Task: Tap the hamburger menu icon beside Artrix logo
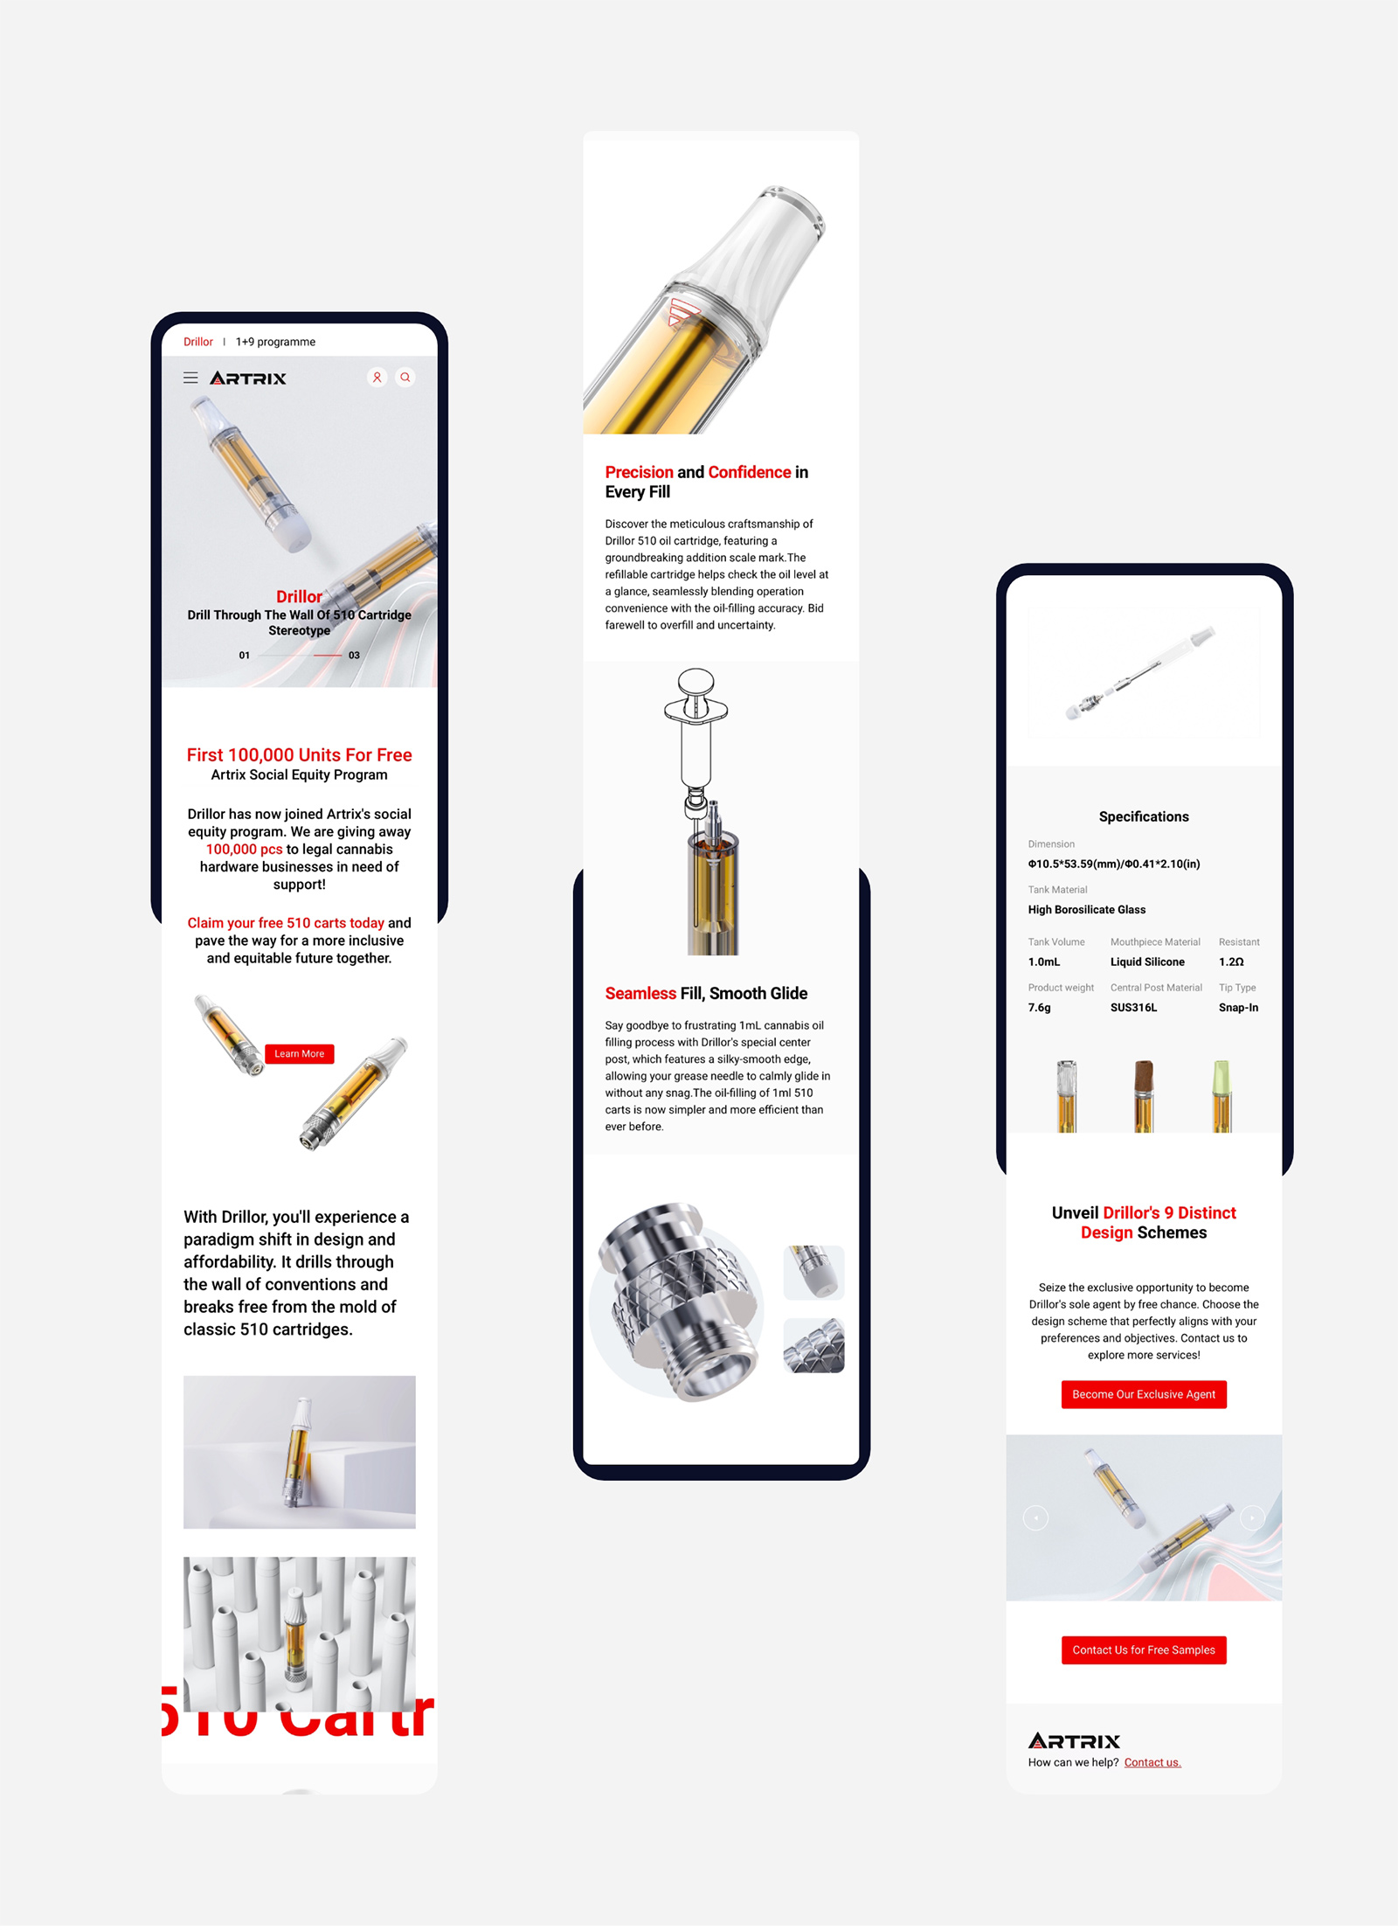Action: [190, 378]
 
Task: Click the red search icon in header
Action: [405, 378]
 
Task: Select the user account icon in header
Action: [377, 378]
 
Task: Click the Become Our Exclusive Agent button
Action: [1143, 1394]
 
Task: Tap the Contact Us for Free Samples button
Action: [1143, 1649]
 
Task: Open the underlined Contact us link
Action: [1152, 1762]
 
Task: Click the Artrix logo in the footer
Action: [1074, 1740]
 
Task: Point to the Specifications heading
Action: [1143, 816]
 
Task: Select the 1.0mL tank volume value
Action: [1044, 962]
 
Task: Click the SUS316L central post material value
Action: [1133, 1007]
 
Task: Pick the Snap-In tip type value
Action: [1238, 1007]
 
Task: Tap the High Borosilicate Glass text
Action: [1086, 909]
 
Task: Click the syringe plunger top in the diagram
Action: [696, 679]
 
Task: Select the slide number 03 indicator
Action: [354, 655]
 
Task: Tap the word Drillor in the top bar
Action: [198, 342]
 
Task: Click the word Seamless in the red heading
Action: [640, 993]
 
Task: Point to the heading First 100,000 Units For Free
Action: [299, 754]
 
